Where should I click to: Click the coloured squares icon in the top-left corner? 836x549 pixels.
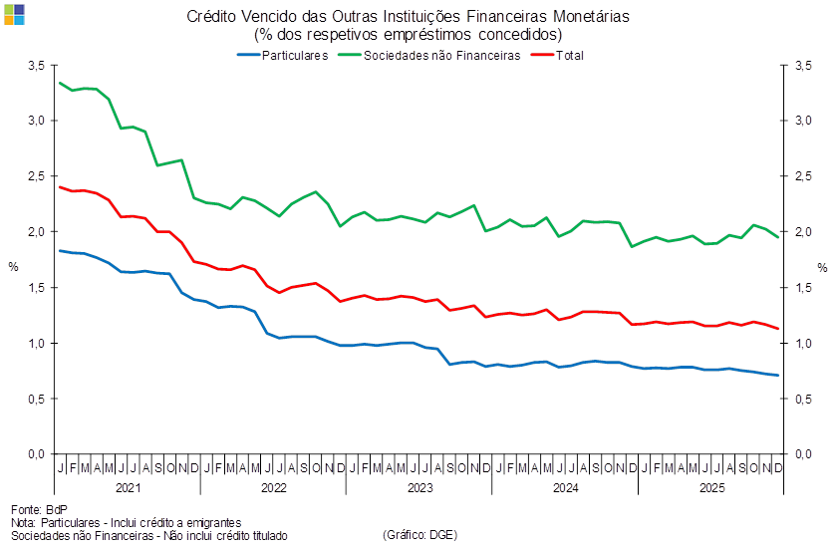tap(14, 13)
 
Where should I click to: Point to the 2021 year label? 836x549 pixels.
tap(128, 488)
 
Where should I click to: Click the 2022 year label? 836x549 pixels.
tap(273, 488)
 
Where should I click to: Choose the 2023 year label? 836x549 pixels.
tap(419, 488)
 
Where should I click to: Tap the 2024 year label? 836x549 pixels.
tap(566, 488)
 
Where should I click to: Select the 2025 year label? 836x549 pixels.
tap(711, 488)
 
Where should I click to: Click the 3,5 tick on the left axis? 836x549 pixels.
tap(38, 65)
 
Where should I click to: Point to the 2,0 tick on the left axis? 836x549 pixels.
tap(38, 232)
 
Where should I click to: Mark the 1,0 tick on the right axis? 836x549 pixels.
tap(802, 344)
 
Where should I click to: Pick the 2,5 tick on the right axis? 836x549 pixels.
tap(802, 176)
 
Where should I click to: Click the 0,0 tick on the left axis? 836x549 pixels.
tap(38, 454)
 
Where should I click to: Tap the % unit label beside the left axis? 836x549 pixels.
tap(13, 267)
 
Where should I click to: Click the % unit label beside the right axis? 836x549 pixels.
tap(823, 267)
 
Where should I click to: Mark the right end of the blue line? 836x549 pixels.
tap(779, 375)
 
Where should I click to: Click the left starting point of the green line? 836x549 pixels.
tap(61, 82)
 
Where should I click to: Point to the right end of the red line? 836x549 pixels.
tap(779, 329)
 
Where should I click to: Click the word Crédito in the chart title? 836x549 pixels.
tap(210, 16)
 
